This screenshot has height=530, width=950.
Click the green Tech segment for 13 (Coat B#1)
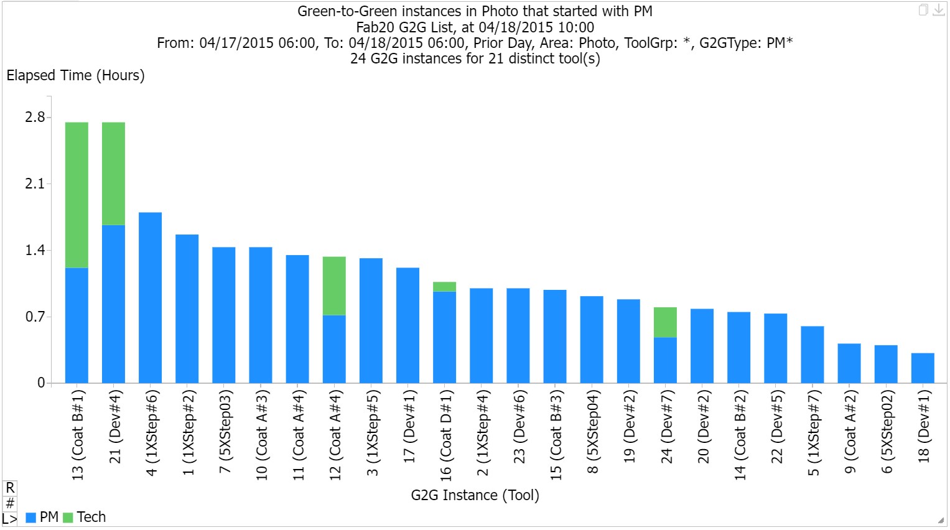(77, 195)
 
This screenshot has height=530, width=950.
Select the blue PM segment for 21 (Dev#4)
(113, 304)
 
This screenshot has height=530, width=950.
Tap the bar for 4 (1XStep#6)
(150, 297)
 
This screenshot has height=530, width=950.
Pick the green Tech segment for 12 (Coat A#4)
(334, 286)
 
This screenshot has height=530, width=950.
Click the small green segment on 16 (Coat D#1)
(444, 287)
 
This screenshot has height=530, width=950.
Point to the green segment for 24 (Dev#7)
(665, 322)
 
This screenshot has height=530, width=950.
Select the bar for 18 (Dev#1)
(923, 368)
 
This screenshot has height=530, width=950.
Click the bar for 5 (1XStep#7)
(812, 355)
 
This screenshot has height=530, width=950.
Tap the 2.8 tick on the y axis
(35, 117)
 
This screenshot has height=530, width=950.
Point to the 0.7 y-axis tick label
(35, 317)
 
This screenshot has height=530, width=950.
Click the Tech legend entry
(85, 517)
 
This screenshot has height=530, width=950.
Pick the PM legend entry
(42, 517)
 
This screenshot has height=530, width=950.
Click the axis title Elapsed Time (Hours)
(75, 75)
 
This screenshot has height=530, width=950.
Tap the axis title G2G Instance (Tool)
(475, 495)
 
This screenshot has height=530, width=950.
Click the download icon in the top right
(938, 10)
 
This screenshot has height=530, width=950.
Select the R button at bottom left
(10, 488)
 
